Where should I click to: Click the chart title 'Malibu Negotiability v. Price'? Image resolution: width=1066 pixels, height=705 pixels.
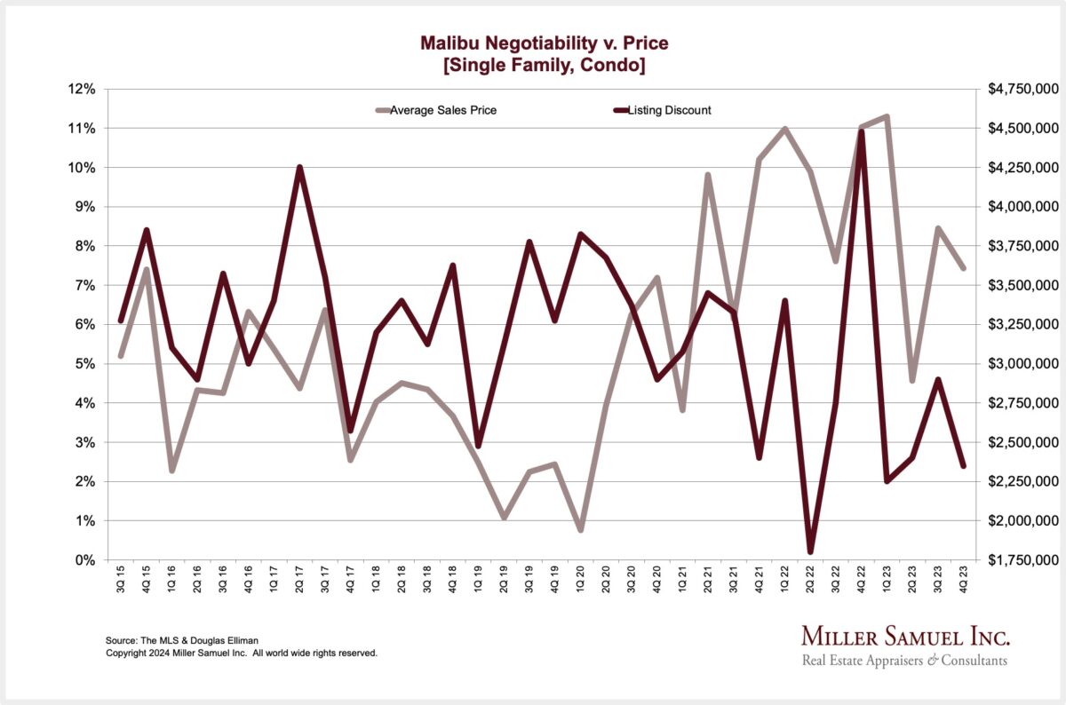tap(532, 42)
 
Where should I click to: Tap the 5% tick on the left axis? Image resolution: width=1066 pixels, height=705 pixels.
tap(84, 364)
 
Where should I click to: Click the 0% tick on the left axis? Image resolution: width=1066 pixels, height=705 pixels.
tap(84, 560)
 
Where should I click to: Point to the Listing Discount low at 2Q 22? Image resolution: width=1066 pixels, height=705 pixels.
tap(810, 551)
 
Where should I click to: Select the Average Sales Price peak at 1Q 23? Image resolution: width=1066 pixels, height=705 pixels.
tap(887, 116)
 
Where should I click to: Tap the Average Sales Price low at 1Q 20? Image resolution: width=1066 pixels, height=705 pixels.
tap(581, 530)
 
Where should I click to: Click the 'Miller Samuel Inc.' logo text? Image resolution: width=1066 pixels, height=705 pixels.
tap(905, 637)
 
